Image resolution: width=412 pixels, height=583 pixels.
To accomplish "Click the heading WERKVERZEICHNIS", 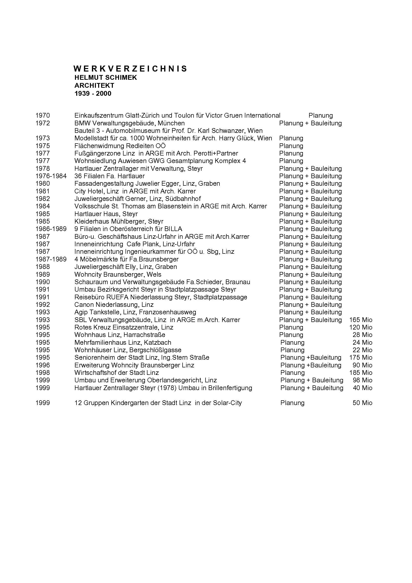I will (x=130, y=69).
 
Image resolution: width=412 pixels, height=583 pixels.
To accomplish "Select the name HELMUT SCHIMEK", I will (x=106, y=78).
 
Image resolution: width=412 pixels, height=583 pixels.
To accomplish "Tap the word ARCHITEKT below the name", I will (x=94, y=85).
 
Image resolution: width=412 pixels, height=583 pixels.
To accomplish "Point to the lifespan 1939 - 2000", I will (x=93, y=94).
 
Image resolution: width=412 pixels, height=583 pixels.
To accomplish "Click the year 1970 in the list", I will (x=43, y=116).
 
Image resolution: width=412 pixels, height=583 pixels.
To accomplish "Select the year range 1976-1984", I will (x=51, y=176).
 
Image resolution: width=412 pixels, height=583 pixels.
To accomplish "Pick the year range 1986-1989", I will (x=51, y=229).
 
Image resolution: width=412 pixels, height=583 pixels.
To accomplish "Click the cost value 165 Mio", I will (x=361, y=320).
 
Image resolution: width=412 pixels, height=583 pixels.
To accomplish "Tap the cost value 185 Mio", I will (x=361, y=372).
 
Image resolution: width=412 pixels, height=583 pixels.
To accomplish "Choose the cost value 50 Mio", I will (x=362, y=403).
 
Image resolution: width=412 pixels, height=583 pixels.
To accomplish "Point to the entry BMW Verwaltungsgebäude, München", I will (x=129, y=123).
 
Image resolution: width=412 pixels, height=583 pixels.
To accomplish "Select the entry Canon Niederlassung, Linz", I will (x=114, y=304).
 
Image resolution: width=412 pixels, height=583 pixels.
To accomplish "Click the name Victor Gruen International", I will (x=243, y=116).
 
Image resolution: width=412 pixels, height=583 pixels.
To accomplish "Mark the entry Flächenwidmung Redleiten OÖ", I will (x=120, y=146).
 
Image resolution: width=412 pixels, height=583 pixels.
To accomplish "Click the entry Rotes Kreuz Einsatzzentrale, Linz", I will (x=124, y=327).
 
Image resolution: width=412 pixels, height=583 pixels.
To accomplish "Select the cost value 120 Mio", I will (x=361, y=327).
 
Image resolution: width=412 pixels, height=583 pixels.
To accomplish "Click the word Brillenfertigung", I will (x=230, y=388).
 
